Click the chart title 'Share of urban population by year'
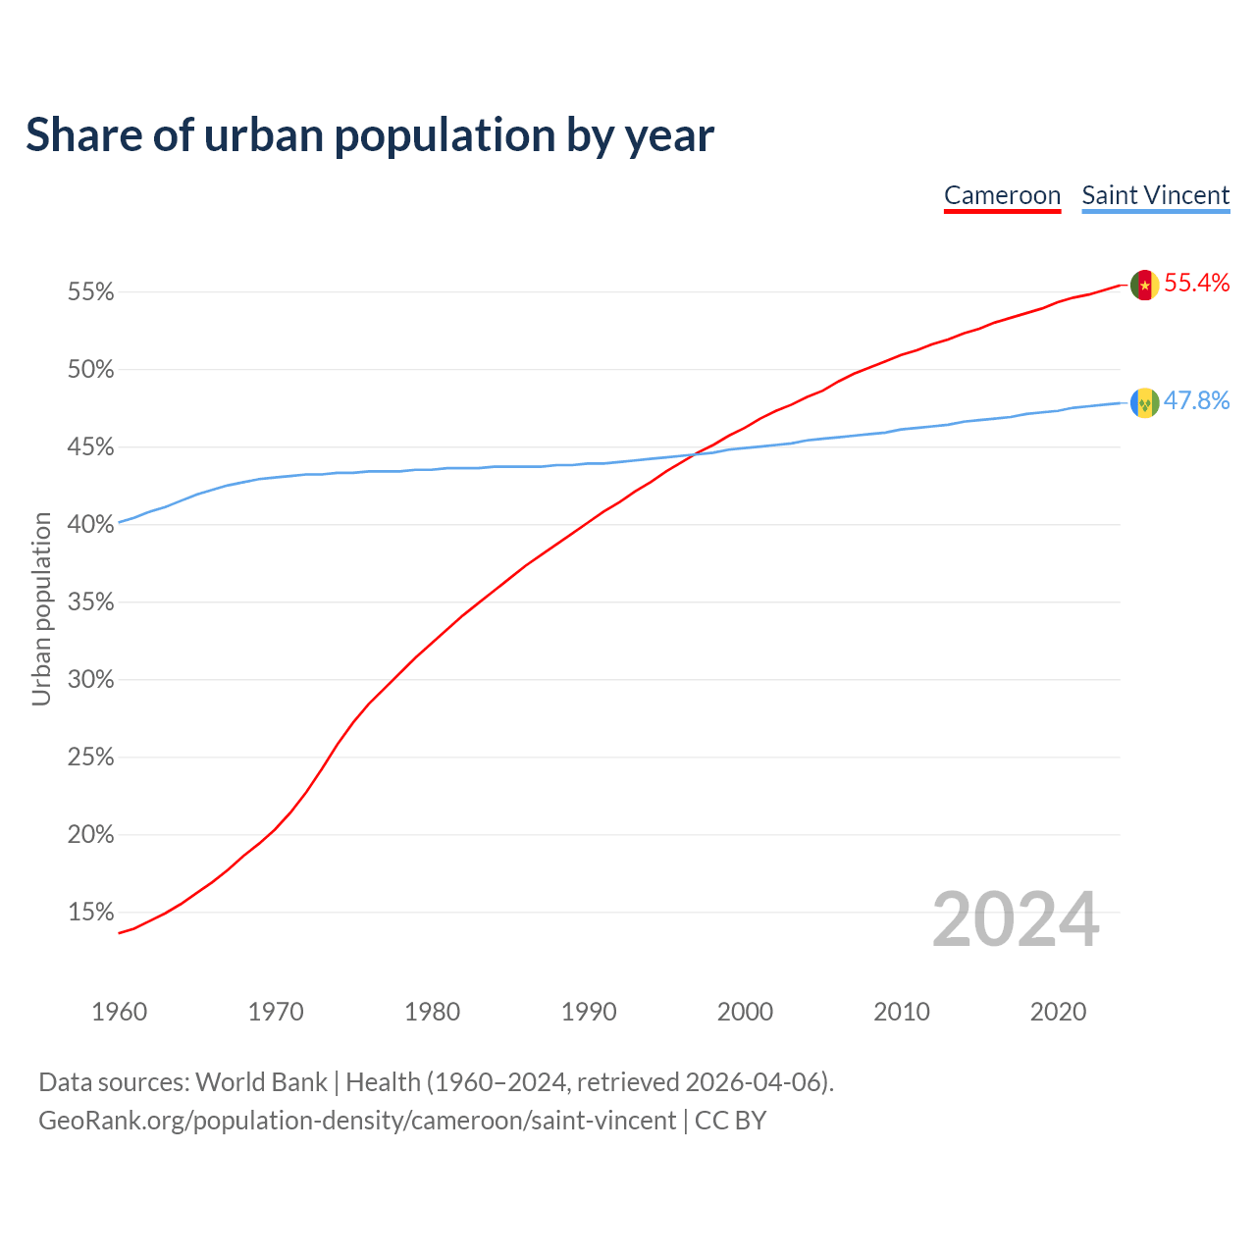[x=370, y=135]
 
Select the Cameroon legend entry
[x=1002, y=195]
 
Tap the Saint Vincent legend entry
[x=1155, y=195]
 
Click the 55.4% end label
[x=1196, y=284]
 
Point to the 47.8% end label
[x=1196, y=401]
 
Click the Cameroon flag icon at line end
[x=1144, y=286]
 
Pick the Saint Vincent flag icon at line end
[x=1144, y=402]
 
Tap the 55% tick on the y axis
[x=91, y=292]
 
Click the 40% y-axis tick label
[x=91, y=525]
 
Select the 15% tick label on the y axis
[x=91, y=913]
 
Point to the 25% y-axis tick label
[x=91, y=758]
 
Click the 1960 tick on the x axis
[x=119, y=1012]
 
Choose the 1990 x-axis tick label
[x=589, y=1012]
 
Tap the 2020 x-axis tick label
[x=1058, y=1012]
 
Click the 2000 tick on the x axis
[x=745, y=1012]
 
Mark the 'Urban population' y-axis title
[x=41, y=608]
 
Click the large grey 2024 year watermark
[x=1015, y=919]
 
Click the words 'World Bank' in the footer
[x=261, y=1082]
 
